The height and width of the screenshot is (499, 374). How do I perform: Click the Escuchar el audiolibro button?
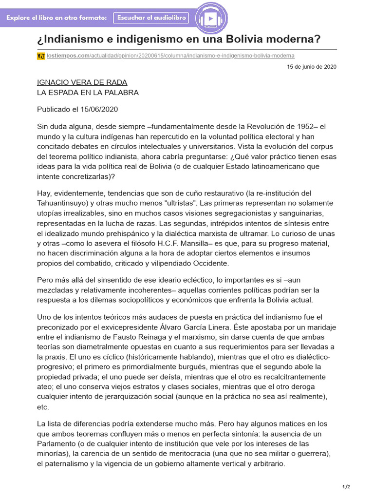(151, 18)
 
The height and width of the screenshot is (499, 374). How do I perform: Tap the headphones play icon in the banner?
(211, 19)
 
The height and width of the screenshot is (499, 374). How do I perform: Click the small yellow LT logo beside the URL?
(41, 56)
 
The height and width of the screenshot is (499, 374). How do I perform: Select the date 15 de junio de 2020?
(312, 67)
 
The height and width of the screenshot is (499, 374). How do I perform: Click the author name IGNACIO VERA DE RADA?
(82, 82)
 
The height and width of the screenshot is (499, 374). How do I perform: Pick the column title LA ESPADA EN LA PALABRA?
(88, 92)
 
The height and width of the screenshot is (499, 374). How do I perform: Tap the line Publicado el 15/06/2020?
(77, 109)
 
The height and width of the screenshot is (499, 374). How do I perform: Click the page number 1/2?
(346, 487)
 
